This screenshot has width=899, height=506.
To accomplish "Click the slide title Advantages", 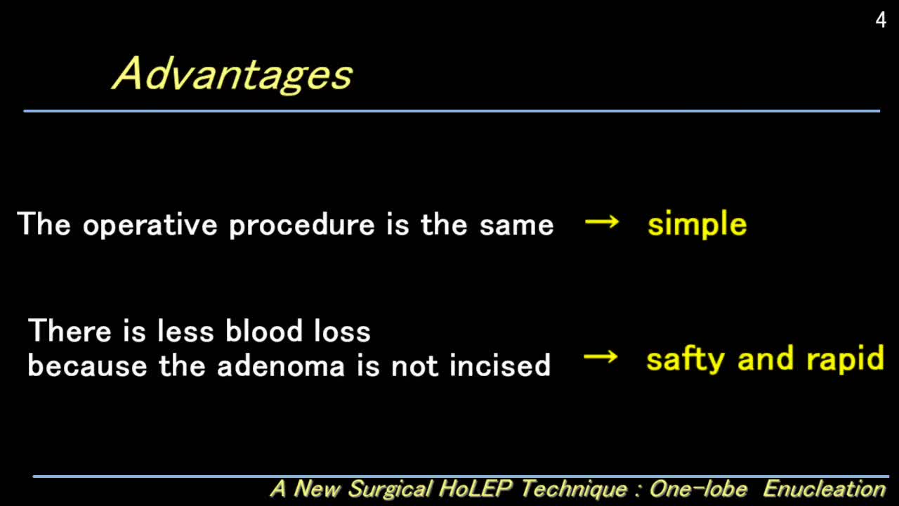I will (232, 74).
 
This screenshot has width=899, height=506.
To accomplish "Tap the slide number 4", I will (881, 20).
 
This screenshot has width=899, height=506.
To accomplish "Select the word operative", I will (150, 225).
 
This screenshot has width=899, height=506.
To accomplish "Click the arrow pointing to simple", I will (602, 223).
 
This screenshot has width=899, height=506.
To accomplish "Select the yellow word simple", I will (697, 225).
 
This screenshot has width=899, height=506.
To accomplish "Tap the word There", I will (71, 330).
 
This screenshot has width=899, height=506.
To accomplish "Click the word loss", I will (341, 330).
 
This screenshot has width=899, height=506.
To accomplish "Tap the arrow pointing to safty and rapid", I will (601, 357).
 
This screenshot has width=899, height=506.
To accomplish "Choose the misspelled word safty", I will (686, 359).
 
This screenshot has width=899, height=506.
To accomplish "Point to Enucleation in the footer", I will (824, 488).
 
